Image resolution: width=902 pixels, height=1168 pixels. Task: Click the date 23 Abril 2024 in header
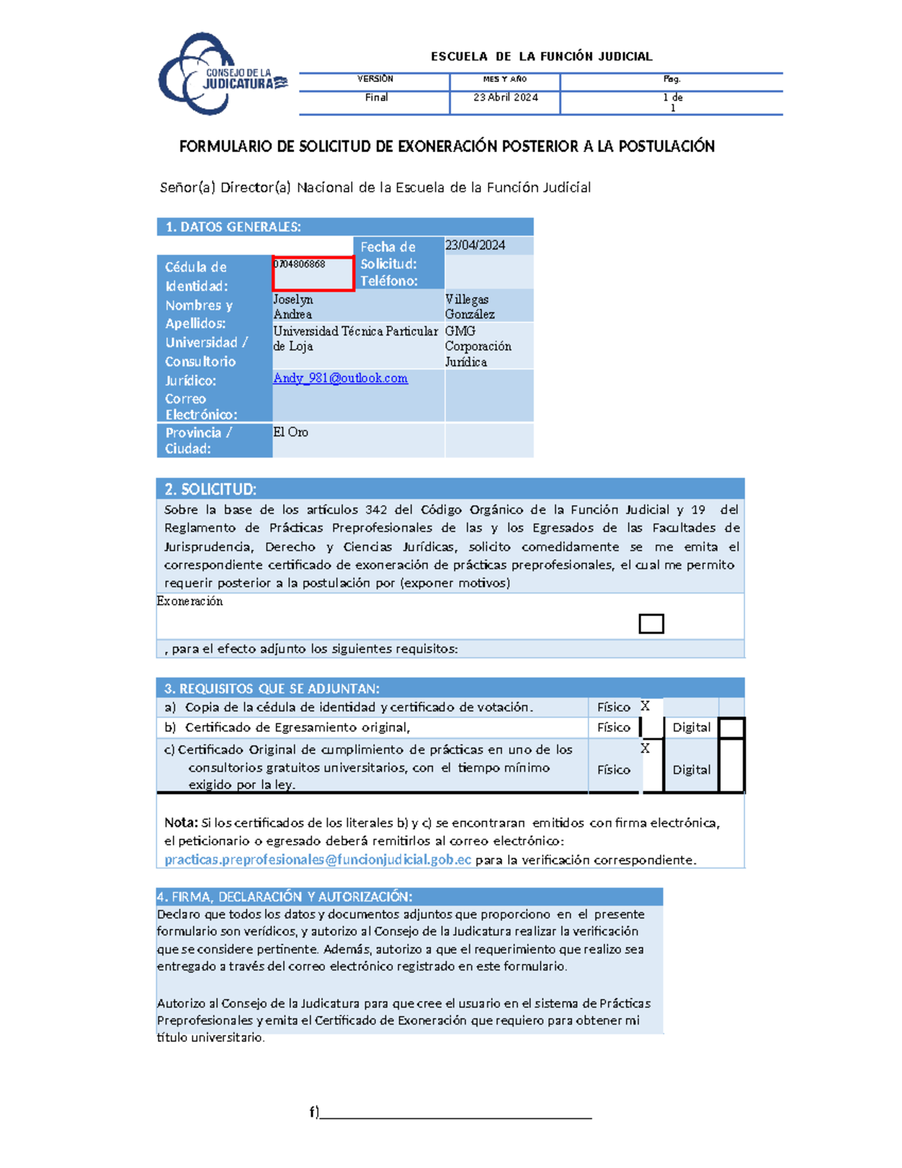tap(505, 98)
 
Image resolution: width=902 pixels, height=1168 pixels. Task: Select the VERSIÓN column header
tap(375, 79)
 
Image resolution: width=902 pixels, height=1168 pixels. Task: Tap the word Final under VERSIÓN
tap(376, 98)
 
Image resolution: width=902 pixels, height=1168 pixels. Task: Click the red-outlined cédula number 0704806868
tap(300, 265)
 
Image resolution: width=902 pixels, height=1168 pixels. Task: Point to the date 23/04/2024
tap(475, 246)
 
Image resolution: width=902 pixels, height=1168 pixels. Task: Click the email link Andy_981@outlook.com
tap(341, 378)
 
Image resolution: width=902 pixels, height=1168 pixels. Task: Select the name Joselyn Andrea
tap(293, 307)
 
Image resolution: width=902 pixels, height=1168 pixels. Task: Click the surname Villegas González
tap(469, 307)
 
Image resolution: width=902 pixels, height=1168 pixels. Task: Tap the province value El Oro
tap(290, 432)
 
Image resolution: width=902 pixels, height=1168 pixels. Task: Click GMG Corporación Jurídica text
tap(477, 347)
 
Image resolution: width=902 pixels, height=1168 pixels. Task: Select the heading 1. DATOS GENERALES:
tap(233, 227)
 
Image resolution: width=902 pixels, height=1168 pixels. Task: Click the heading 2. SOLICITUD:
tap(210, 490)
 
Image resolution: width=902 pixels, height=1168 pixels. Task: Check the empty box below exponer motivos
tap(651, 623)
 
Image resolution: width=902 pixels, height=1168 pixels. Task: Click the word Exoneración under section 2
tap(189, 601)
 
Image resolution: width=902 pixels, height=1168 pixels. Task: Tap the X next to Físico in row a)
tap(645, 706)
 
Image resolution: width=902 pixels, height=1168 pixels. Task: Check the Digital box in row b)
tap(731, 728)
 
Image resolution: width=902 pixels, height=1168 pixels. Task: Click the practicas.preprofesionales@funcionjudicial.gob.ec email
tap(318, 860)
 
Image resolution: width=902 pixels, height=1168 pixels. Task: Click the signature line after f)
tap(456, 1114)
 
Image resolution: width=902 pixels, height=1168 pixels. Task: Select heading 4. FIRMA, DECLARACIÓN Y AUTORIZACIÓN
tap(285, 896)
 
